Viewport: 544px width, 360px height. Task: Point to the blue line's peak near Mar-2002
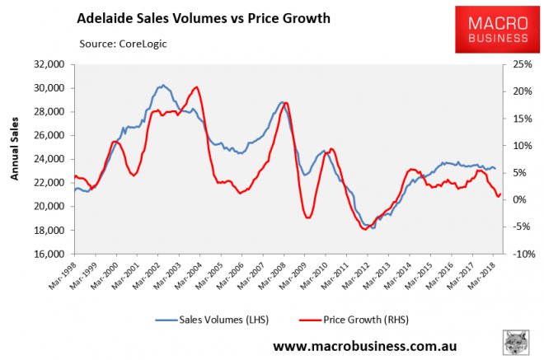tap(162, 85)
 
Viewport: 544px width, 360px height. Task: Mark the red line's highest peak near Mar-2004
tap(195, 87)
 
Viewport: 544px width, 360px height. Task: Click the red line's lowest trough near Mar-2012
tap(365, 229)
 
